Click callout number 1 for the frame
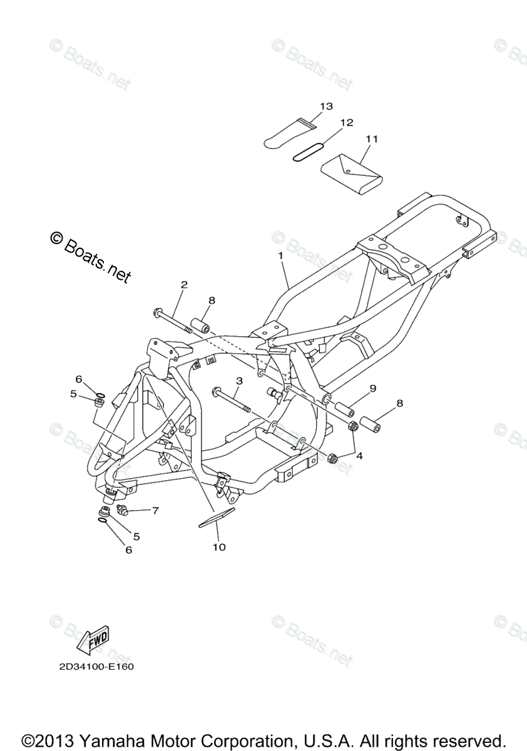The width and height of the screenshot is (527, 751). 281,255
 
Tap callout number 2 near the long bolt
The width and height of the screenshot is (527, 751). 184,285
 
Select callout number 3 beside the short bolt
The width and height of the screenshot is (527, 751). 238,381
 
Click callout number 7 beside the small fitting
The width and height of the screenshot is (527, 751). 155,510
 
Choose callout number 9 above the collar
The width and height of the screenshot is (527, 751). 372,389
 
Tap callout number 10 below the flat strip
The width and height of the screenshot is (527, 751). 218,547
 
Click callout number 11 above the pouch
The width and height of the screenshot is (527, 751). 372,138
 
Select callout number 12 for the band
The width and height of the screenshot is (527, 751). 347,122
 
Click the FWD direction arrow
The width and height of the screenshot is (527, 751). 93,640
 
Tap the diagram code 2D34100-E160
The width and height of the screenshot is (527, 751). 93,667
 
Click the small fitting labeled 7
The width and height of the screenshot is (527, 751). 121,509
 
